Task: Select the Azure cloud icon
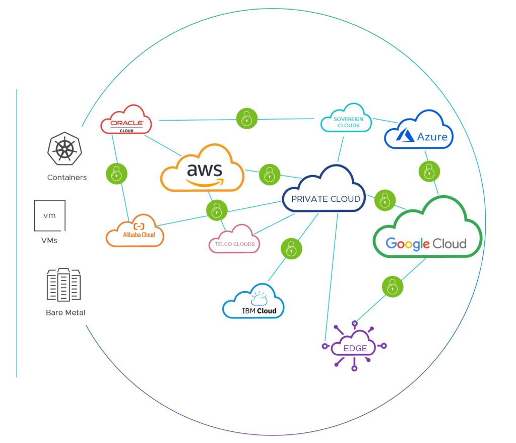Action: [419, 132]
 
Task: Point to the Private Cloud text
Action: [326, 199]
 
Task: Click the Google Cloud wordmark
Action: [426, 244]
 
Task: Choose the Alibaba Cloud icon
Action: [135, 232]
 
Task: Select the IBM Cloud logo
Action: [254, 304]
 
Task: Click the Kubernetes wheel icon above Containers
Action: [64, 150]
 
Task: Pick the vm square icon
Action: [49, 215]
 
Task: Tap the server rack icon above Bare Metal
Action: [63, 285]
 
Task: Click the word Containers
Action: [67, 178]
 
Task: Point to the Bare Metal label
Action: [66, 313]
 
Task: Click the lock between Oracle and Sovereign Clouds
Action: [246, 119]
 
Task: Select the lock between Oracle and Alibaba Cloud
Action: [116, 174]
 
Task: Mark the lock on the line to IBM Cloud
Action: [291, 248]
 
